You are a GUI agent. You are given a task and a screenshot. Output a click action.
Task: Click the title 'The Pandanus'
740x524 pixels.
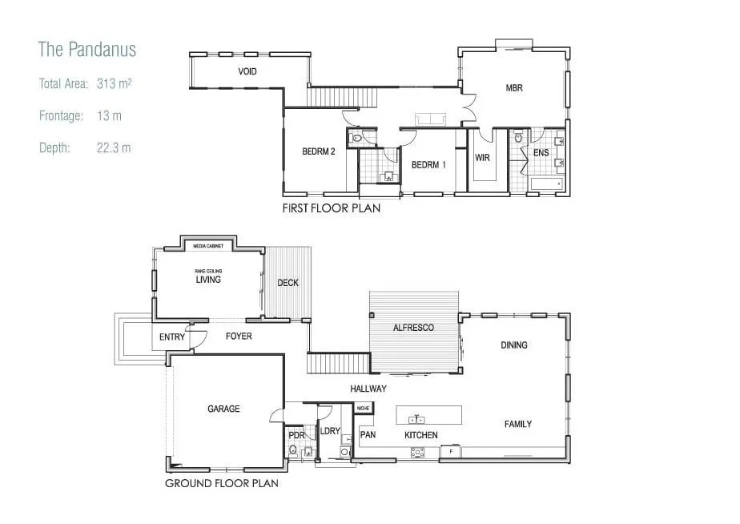[x=87, y=50]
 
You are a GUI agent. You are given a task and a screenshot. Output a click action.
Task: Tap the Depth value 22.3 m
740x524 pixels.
[x=113, y=148]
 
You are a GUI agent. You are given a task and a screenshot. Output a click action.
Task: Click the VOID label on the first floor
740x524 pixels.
[x=247, y=72]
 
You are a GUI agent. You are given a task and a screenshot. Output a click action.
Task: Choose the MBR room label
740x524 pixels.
[x=513, y=88]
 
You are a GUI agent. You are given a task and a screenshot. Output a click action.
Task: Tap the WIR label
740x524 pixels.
[x=482, y=158]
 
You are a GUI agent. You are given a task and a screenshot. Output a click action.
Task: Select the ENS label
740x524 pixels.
[x=541, y=152]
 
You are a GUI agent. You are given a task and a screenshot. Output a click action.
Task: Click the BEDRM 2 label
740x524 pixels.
[x=318, y=152]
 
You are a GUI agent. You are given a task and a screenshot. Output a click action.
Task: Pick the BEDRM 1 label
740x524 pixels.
[x=428, y=165]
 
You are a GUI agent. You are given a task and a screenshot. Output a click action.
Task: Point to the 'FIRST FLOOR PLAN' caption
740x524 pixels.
[x=331, y=208]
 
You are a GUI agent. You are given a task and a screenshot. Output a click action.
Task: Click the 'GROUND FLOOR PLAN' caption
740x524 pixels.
[x=222, y=483]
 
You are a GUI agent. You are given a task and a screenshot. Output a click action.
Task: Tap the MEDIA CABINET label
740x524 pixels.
[x=208, y=246]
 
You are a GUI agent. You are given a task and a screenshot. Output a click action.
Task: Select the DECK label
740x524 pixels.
[x=288, y=283]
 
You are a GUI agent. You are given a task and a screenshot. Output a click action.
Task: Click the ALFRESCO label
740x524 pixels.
[x=413, y=328]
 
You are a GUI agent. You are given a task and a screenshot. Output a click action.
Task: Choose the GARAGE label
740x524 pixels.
[x=223, y=409]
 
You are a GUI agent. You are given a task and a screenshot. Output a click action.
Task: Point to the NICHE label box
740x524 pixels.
[x=363, y=408]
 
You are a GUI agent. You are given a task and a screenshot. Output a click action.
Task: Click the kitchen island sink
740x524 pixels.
[x=416, y=419]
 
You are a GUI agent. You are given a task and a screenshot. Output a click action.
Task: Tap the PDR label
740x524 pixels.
[x=296, y=436]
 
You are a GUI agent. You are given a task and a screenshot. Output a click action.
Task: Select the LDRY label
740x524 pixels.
[x=330, y=431]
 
